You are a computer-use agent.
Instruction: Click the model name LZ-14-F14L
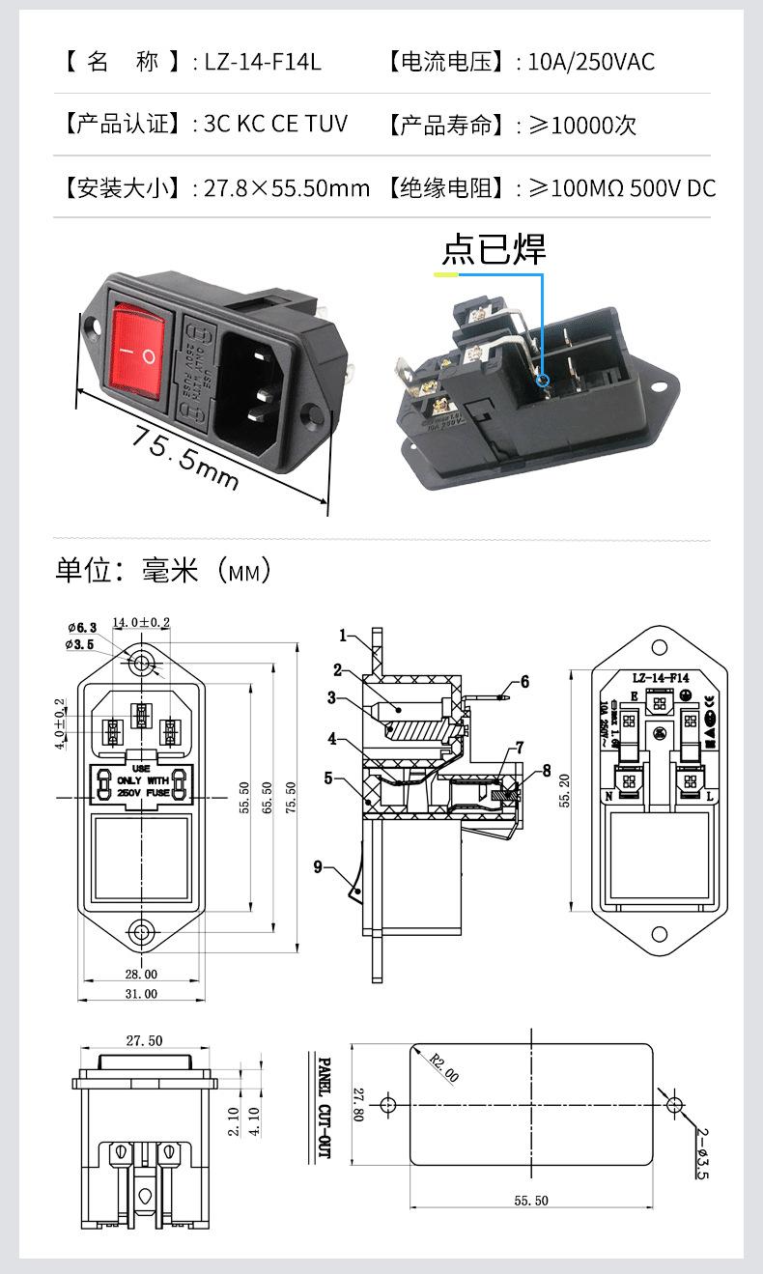pyautogui.click(x=262, y=63)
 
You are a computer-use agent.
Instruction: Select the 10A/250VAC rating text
pyautogui.click(x=591, y=63)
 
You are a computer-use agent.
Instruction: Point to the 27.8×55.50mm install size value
pyautogui.click(x=287, y=187)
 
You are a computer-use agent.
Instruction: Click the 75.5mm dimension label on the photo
pyautogui.click(x=184, y=457)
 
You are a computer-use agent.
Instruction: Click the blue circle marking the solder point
pyautogui.click(x=544, y=380)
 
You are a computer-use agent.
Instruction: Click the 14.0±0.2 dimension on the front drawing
pyautogui.click(x=141, y=623)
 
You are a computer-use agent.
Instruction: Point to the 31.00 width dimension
pyautogui.click(x=140, y=994)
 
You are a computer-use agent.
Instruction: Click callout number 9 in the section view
pyautogui.click(x=318, y=866)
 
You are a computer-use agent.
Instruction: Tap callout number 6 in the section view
pyautogui.click(x=524, y=682)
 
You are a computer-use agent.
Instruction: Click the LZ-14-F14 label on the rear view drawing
pyautogui.click(x=660, y=678)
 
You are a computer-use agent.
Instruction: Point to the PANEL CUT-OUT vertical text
pyautogui.click(x=325, y=1107)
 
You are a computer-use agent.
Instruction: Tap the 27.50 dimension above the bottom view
pyautogui.click(x=143, y=1041)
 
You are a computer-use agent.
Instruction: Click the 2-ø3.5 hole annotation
pyautogui.click(x=700, y=1153)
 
